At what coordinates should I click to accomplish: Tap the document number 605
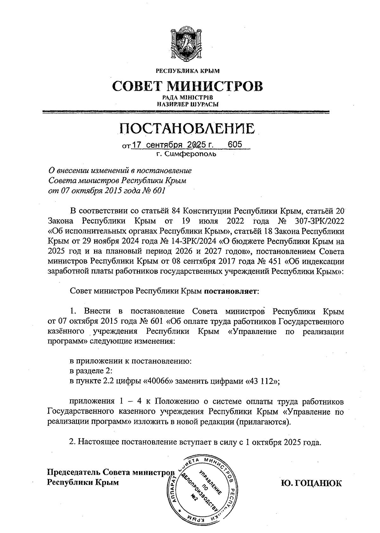pos(235,145)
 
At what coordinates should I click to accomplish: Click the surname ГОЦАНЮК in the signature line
pos(311,483)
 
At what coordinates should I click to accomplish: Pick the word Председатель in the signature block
pos(74,472)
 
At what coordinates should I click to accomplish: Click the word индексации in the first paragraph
pos(323,262)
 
